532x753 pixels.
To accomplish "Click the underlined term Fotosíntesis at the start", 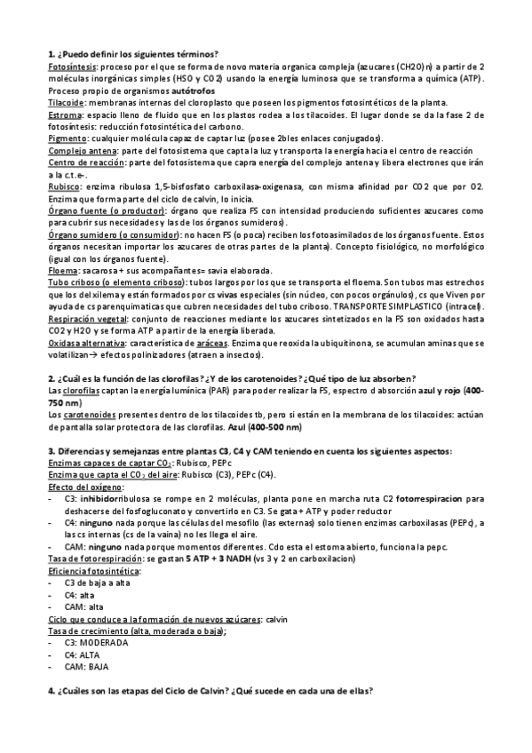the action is [72, 66].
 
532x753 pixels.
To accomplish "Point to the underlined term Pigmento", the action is [67, 139].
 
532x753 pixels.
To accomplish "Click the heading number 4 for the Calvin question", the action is [51, 691].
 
